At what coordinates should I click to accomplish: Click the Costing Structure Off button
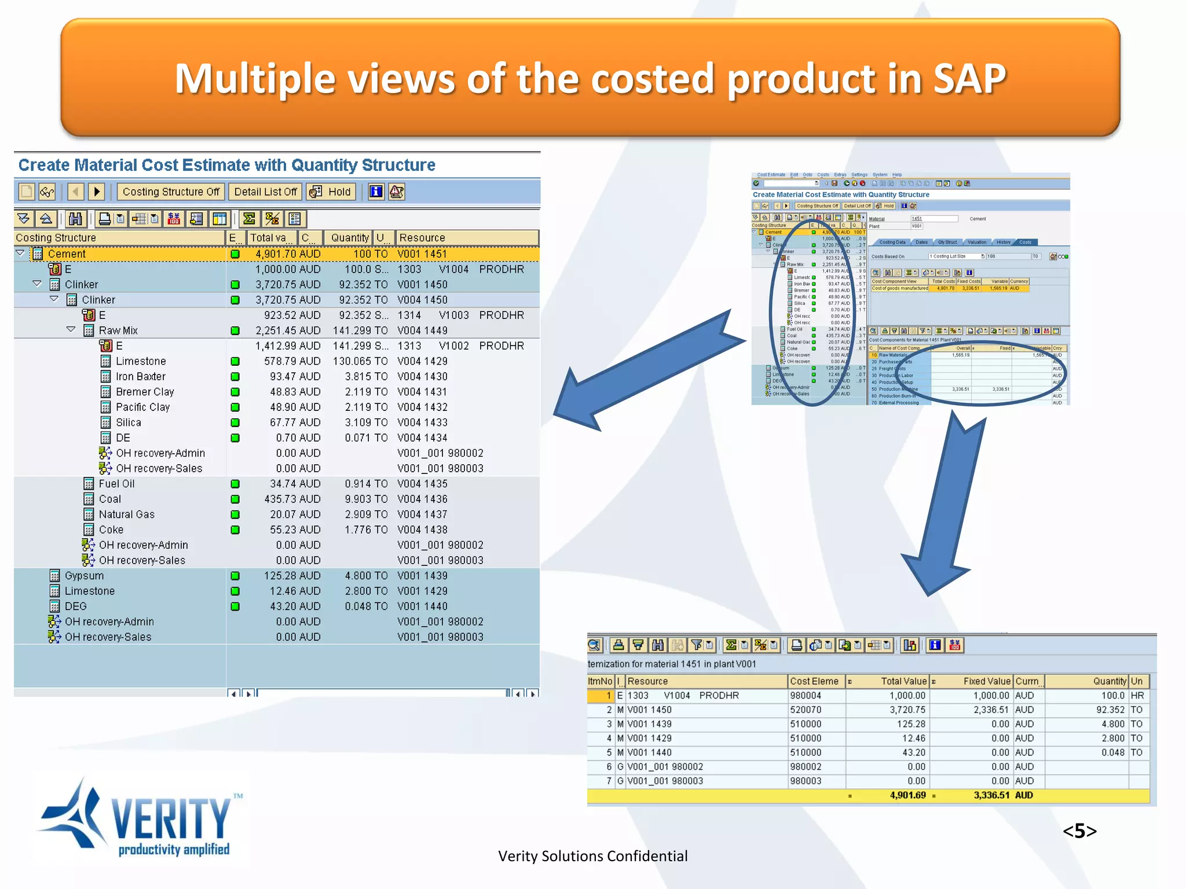(171, 192)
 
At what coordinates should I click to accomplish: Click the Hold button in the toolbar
(331, 192)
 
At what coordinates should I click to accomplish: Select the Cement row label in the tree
(67, 254)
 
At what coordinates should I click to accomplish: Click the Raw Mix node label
(118, 330)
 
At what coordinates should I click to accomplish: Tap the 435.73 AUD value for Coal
(295, 499)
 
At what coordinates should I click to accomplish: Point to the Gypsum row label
(84, 575)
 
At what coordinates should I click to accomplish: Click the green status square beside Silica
(235, 423)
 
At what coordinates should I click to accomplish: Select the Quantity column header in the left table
(349, 238)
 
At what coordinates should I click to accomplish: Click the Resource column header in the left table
(422, 238)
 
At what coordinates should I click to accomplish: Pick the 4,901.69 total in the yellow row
(907, 795)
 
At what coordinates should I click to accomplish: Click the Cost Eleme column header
(814, 681)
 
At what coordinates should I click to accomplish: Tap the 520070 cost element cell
(806, 710)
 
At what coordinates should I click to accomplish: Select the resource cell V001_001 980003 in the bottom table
(665, 781)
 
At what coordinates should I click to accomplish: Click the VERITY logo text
(171, 818)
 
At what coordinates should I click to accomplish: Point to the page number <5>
(1079, 831)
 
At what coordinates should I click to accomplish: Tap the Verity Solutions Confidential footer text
(592, 856)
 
